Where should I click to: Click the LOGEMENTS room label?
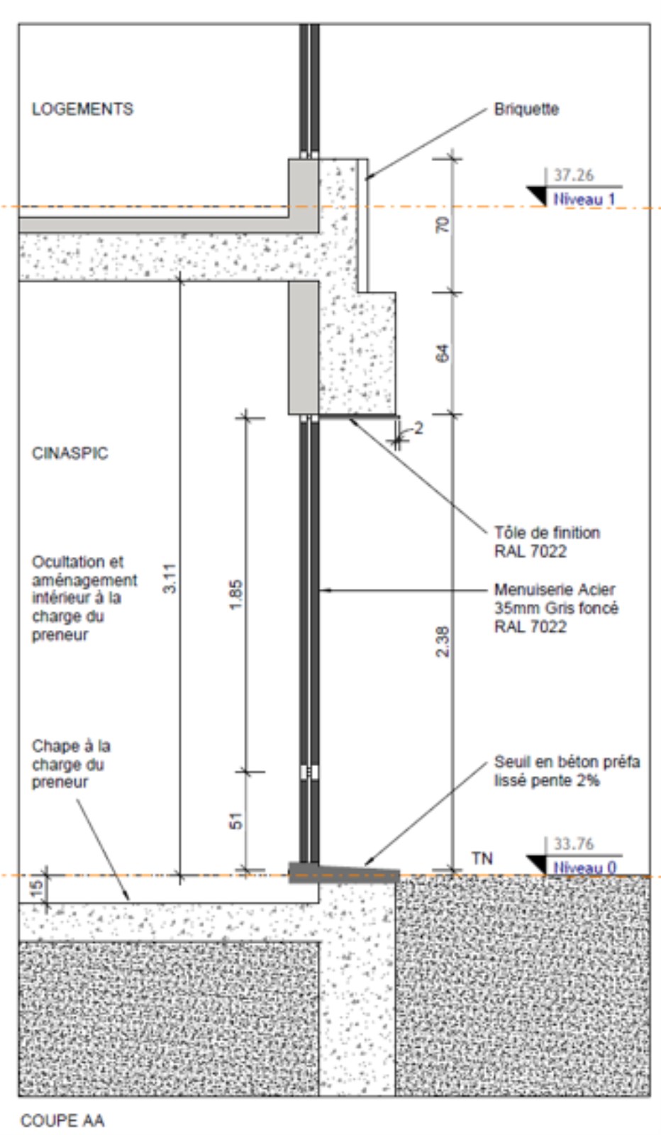(x=82, y=109)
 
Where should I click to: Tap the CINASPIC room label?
(x=70, y=453)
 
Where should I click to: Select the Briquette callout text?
(x=526, y=109)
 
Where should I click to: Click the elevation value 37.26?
(x=573, y=175)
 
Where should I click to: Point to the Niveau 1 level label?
(x=584, y=199)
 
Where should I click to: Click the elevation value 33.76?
(x=573, y=843)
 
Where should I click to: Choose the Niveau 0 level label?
(x=584, y=868)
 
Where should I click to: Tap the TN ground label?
(x=482, y=858)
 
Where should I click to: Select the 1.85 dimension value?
(x=236, y=595)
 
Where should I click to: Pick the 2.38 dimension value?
(x=442, y=641)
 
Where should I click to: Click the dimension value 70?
(x=442, y=224)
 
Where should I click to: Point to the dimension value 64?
(x=442, y=353)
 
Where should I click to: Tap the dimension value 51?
(x=236, y=821)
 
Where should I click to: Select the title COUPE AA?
(x=63, y=1120)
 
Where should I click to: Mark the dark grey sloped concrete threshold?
(x=344, y=873)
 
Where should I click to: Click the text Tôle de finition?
(x=547, y=533)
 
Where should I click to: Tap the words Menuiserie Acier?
(x=555, y=589)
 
